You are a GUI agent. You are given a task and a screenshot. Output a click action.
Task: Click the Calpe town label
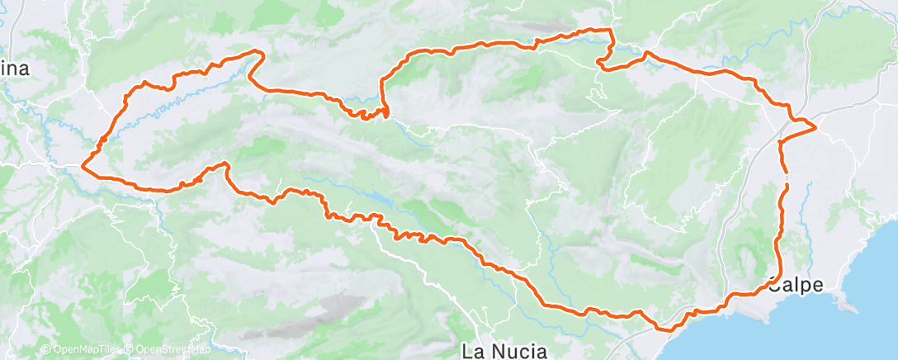[x=796, y=286]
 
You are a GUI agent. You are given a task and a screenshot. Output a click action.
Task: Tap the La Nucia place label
[x=503, y=351]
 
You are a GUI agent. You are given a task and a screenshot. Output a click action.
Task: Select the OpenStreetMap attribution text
[x=169, y=350]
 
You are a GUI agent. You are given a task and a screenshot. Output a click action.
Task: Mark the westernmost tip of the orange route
[x=83, y=167]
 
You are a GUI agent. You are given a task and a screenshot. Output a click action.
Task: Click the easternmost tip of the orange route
[x=815, y=127]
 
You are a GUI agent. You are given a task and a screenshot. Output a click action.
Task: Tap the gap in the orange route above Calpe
[x=785, y=178]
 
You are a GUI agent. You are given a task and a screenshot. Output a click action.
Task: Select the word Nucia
[x=518, y=351]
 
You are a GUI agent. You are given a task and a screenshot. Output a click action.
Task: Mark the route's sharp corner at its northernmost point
[x=612, y=31]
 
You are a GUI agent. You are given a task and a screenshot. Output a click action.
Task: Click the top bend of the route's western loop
[x=256, y=52]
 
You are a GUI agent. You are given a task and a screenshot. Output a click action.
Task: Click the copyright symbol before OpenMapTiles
[x=45, y=350]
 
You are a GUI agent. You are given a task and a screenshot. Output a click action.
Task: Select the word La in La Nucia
[x=472, y=351]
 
